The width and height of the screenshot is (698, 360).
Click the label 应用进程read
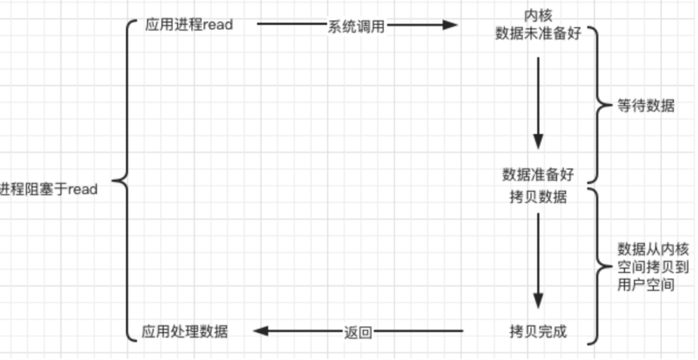pyautogui.click(x=189, y=25)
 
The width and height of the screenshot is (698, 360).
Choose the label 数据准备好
pyautogui.click(x=537, y=174)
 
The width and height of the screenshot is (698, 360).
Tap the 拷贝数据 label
pyautogui.click(x=537, y=197)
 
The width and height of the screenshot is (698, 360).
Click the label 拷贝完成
pyautogui.click(x=537, y=331)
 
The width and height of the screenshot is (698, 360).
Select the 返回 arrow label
pyautogui.click(x=358, y=331)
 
